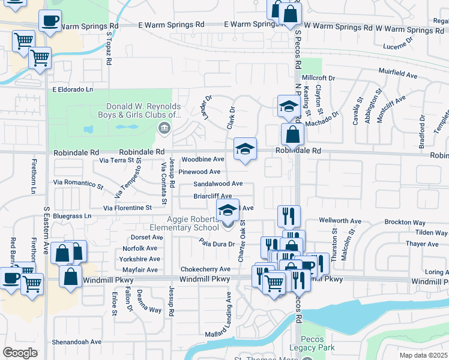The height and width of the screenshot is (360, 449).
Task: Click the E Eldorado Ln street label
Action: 73,89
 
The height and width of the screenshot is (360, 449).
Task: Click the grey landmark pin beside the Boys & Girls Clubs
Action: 163,127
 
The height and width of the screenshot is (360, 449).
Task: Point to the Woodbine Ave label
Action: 203,160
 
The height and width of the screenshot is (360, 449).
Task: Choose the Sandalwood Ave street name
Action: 217,184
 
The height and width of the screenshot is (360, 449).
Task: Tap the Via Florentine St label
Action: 127,208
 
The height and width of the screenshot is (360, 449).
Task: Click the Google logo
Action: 20,352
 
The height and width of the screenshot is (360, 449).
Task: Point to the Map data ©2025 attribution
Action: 424,355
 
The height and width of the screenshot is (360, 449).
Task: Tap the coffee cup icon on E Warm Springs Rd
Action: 50,21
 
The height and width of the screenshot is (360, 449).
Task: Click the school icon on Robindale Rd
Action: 245,149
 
